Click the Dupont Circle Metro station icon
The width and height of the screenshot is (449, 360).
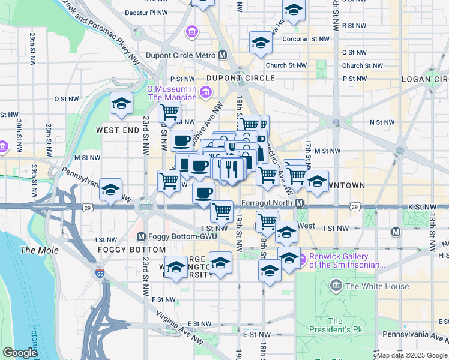223,55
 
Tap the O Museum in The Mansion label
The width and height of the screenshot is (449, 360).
172,92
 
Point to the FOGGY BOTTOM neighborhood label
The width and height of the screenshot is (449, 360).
131,249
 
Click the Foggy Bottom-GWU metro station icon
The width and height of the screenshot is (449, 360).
142,236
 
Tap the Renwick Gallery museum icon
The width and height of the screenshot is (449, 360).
303,259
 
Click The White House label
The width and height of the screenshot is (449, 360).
377,286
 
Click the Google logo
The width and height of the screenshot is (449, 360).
20,353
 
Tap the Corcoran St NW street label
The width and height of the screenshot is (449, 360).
310,38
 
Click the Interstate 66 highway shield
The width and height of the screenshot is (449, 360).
100,274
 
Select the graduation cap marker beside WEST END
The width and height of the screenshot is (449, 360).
121,104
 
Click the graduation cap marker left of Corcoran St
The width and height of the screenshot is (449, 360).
261,43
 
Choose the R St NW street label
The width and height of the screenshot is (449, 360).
353,26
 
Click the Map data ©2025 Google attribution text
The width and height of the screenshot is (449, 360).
412,355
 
